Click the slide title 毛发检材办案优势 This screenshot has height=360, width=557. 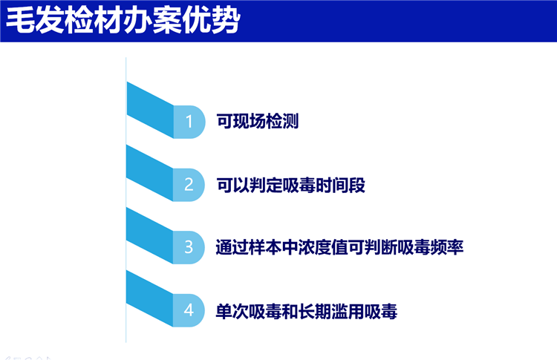123,21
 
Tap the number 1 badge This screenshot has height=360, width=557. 189,122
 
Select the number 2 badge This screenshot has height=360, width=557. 189,185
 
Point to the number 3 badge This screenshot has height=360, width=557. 189,247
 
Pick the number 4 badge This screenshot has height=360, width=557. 189,310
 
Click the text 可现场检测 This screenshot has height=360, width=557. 258,122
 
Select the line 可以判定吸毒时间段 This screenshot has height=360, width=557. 291,185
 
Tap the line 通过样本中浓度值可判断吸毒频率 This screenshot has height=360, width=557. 339,247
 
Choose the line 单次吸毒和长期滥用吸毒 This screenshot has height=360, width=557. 307,311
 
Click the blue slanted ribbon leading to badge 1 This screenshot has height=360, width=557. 150,110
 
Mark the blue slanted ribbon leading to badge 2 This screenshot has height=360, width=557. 150,172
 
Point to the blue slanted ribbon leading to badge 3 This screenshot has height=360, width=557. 150,235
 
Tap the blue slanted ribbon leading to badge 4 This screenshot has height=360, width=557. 150,298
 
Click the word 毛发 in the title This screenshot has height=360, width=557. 35,21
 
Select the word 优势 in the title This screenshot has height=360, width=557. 212,21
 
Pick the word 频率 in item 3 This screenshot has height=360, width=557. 447,247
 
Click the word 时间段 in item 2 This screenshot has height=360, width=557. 341,185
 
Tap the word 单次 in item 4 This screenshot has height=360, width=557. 232,311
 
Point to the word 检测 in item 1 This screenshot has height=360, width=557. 282,122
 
